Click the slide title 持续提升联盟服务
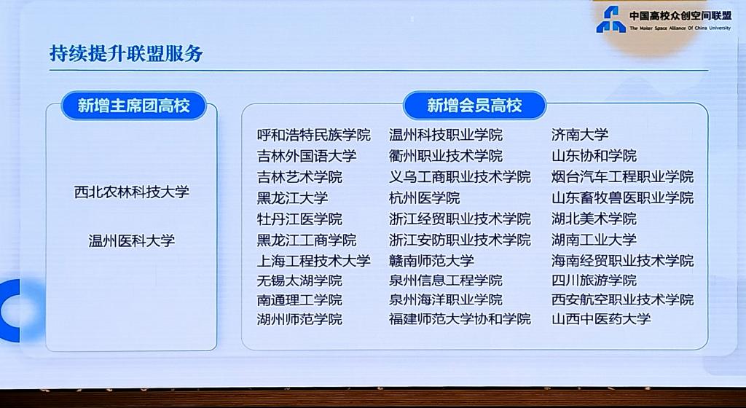point(126,53)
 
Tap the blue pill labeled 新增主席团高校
point(134,105)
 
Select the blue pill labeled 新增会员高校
point(474,105)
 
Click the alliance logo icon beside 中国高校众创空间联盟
point(611,20)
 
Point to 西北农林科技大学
point(132,192)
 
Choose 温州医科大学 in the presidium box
point(132,240)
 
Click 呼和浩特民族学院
point(313,135)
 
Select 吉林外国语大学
point(307,156)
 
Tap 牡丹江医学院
point(299,219)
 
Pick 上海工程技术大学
point(313,261)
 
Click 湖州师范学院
point(299,319)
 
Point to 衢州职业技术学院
point(446,156)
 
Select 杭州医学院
point(425,198)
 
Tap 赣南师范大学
point(431,261)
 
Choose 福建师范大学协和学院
point(460,319)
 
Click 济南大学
point(580,135)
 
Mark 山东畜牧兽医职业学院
point(622,198)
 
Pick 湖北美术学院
point(594,219)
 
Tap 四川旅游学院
point(594,280)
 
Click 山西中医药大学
point(601,318)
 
